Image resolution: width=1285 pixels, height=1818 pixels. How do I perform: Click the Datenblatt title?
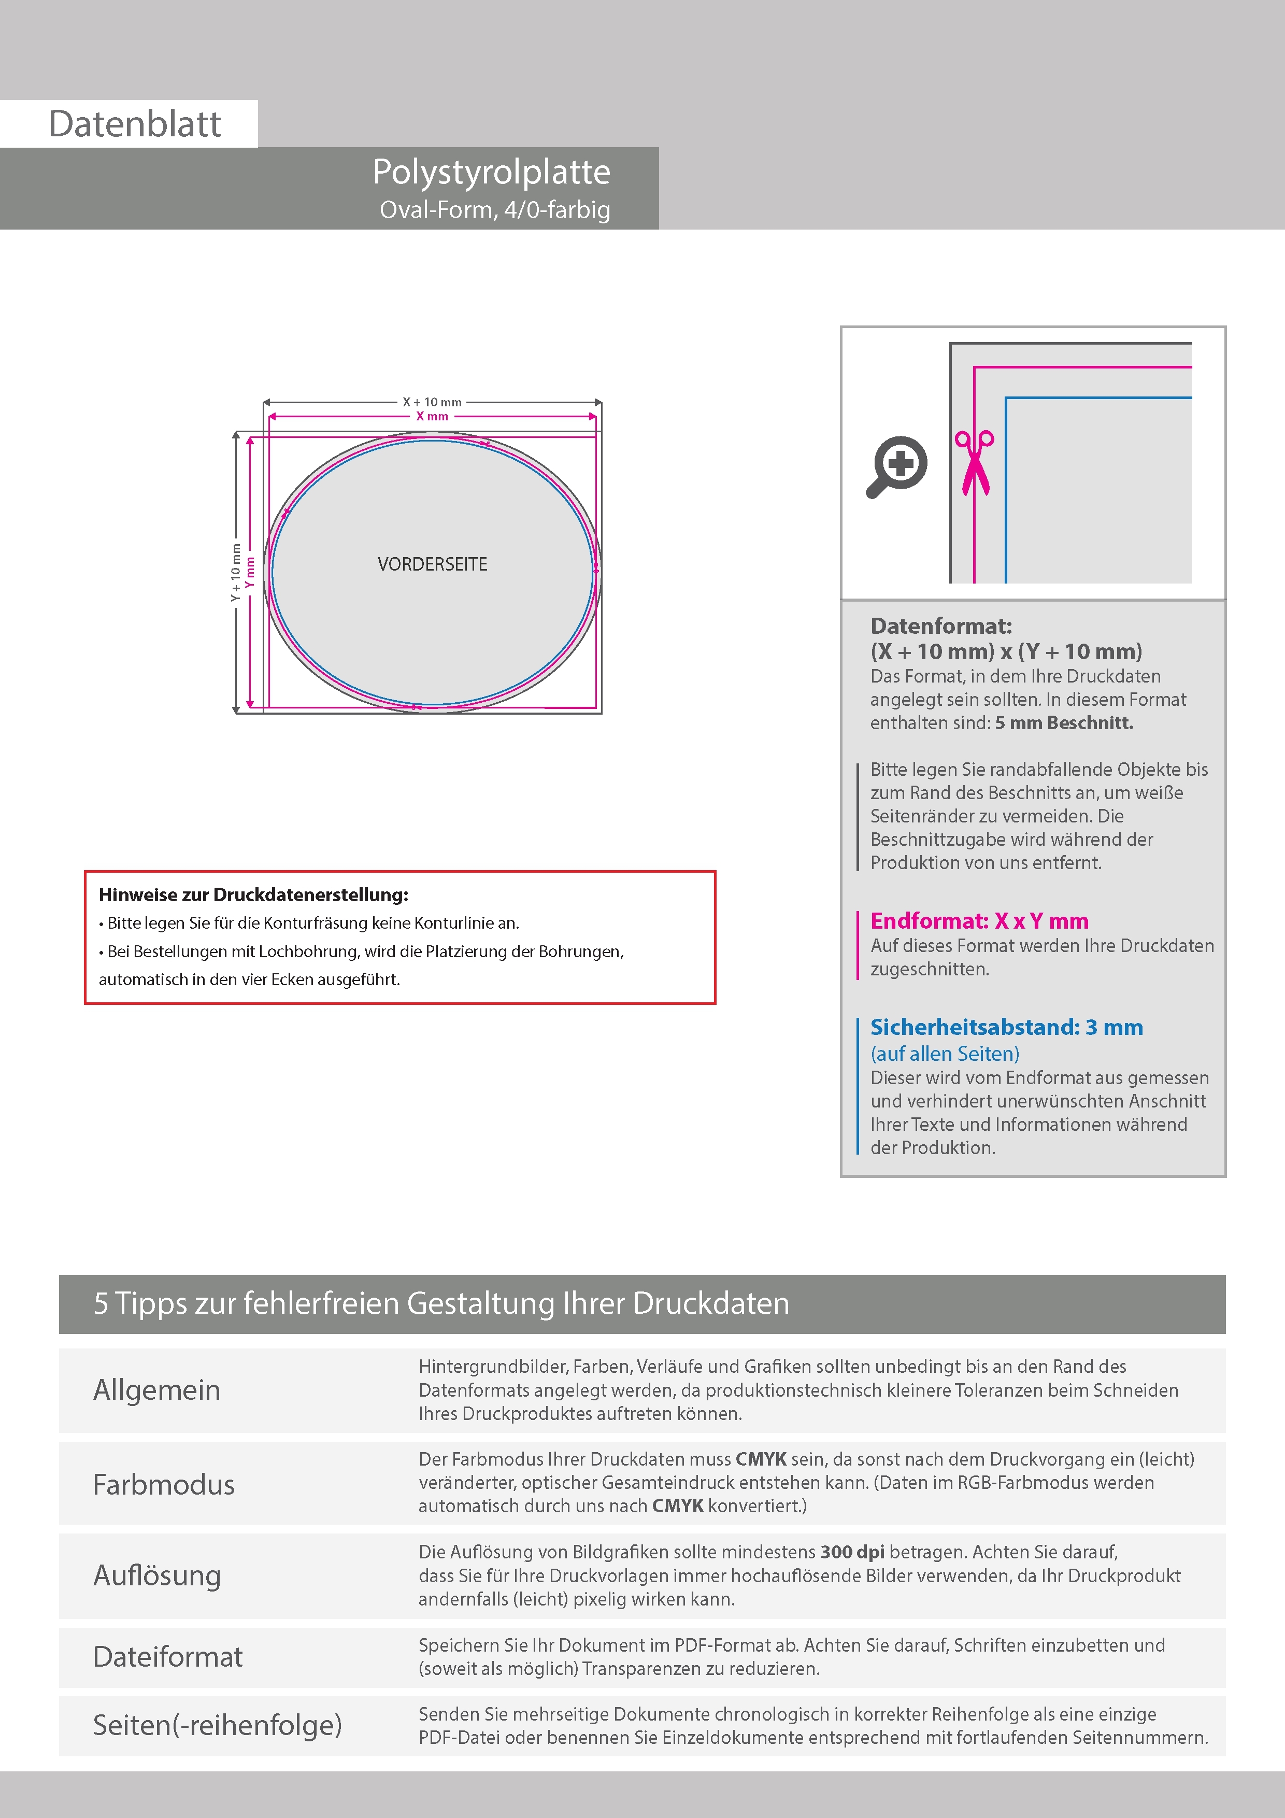pyautogui.click(x=135, y=124)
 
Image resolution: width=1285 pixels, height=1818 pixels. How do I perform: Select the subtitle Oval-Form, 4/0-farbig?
pyautogui.click(x=495, y=210)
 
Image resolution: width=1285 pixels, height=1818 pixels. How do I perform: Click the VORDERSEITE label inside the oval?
pyautogui.click(x=432, y=564)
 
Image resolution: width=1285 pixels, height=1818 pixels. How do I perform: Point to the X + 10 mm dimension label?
pyautogui.click(x=432, y=402)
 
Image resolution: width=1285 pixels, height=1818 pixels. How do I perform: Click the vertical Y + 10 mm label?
pyautogui.click(x=235, y=572)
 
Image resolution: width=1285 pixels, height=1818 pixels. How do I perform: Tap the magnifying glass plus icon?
pyautogui.click(x=898, y=465)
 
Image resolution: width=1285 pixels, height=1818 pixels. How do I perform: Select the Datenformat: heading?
pyautogui.click(x=940, y=627)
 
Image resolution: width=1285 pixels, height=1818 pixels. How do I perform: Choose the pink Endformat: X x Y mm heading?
pyautogui.click(x=979, y=921)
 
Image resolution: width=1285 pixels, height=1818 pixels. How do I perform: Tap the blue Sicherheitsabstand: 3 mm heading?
pyautogui.click(x=1006, y=1027)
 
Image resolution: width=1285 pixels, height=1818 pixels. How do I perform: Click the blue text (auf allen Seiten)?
pyautogui.click(x=945, y=1054)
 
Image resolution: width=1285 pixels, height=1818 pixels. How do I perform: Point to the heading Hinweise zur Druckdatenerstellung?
pyautogui.click(x=253, y=894)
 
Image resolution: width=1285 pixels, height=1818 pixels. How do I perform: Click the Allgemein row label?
pyautogui.click(x=157, y=1389)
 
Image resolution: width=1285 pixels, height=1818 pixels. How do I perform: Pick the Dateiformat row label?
pyautogui.click(x=168, y=1656)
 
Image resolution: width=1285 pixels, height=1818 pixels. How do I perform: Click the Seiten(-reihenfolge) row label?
pyautogui.click(x=217, y=1725)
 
